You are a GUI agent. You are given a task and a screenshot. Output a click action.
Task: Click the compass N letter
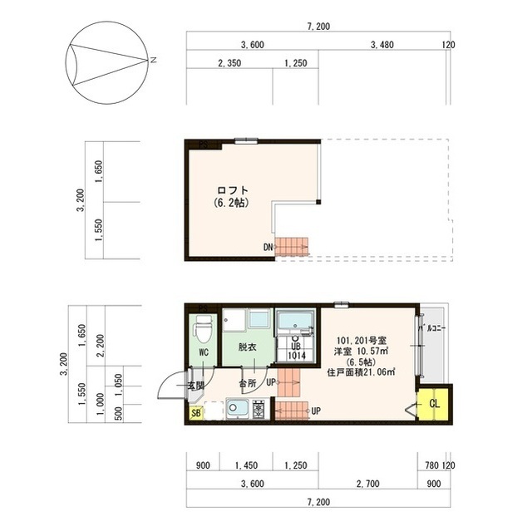click(x=153, y=60)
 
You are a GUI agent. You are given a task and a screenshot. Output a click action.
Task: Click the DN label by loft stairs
click(x=268, y=247)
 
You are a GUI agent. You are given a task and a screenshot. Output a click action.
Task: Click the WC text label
click(x=203, y=352)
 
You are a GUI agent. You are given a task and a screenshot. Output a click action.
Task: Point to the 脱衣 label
click(x=247, y=347)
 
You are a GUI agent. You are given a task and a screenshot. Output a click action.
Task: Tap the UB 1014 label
click(x=297, y=351)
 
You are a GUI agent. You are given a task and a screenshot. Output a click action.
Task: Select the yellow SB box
click(x=196, y=412)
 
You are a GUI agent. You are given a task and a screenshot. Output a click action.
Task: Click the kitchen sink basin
click(x=236, y=409)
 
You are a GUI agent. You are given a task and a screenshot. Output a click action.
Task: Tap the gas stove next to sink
click(x=258, y=409)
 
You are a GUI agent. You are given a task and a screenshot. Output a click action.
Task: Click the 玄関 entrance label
click(x=195, y=386)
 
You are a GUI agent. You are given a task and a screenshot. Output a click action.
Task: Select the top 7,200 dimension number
click(x=318, y=27)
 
